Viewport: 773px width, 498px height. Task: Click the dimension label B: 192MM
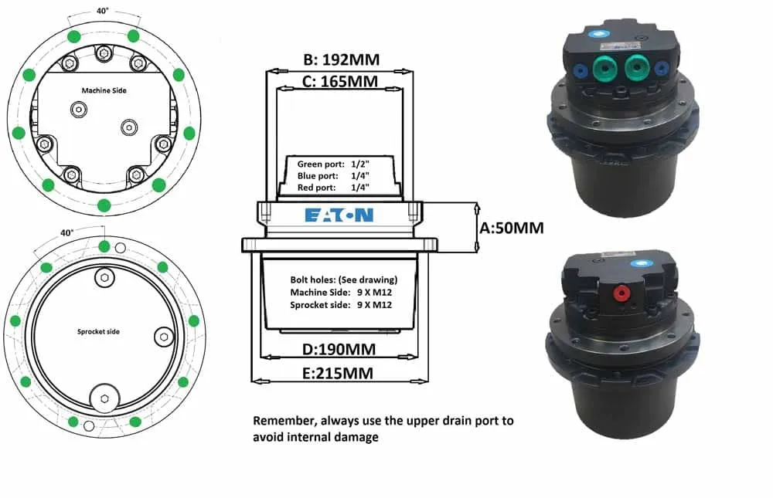pos(341,59)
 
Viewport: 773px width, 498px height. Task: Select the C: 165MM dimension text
pos(339,81)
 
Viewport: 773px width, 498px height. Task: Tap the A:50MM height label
pos(512,228)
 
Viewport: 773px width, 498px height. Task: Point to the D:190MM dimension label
pos(339,349)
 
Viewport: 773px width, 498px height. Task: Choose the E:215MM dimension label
pos(338,374)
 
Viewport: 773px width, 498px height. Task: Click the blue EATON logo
pos(339,215)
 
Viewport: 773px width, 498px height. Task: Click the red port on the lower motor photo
pos(621,294)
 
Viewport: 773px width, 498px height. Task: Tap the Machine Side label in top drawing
pos(104,90)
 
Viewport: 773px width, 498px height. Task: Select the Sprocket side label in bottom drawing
pos(99,331)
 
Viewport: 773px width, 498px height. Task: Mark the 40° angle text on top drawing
pos(103,11)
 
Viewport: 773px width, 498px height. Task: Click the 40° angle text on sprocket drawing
pos(67,232)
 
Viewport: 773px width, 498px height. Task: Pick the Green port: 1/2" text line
pos(333,164)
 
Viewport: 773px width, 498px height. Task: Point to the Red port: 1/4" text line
pos(333,188)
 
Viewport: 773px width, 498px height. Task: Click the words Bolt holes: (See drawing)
pos(344,279)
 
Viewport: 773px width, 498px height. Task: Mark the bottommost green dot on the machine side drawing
pos(104,205)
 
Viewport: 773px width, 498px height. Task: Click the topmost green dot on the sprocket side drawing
pos(104,246)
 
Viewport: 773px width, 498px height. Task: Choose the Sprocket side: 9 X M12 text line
pos(341,305)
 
